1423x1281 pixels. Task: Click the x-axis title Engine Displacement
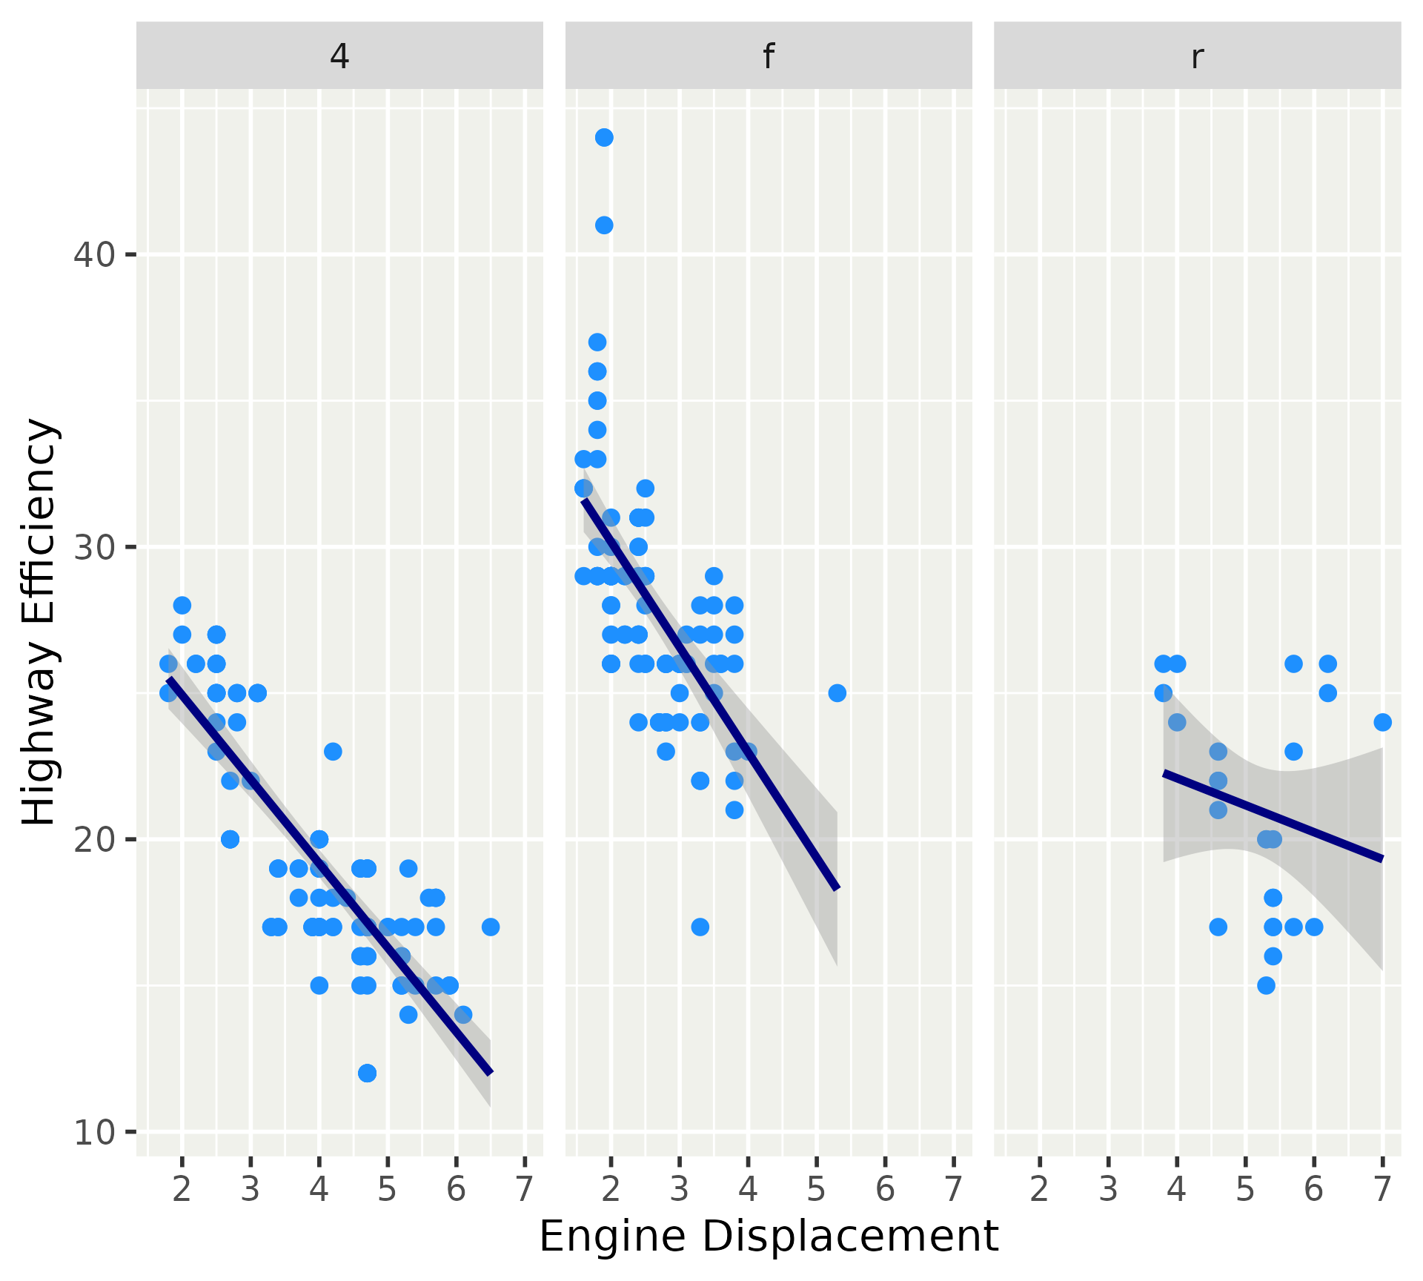769,1237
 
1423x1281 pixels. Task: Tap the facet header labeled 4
339,56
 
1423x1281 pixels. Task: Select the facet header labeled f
769,56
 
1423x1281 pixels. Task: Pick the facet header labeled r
1197,56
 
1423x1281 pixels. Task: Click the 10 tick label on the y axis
94,1132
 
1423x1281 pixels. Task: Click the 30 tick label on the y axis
94,547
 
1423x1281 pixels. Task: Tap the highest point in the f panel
604,138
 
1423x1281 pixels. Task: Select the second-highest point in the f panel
604,225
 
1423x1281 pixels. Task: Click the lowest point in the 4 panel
367,1073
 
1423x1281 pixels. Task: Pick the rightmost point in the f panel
837,693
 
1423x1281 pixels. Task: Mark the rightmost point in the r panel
1382,722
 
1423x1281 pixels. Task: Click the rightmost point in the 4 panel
490,927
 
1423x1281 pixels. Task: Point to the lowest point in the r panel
1266,985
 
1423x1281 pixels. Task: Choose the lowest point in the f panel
700,927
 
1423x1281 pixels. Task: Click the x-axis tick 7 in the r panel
1382,1189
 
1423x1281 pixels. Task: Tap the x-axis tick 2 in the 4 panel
182,1189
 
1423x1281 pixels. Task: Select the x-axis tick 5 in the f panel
816,1189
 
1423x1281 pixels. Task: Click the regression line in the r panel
1273,816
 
